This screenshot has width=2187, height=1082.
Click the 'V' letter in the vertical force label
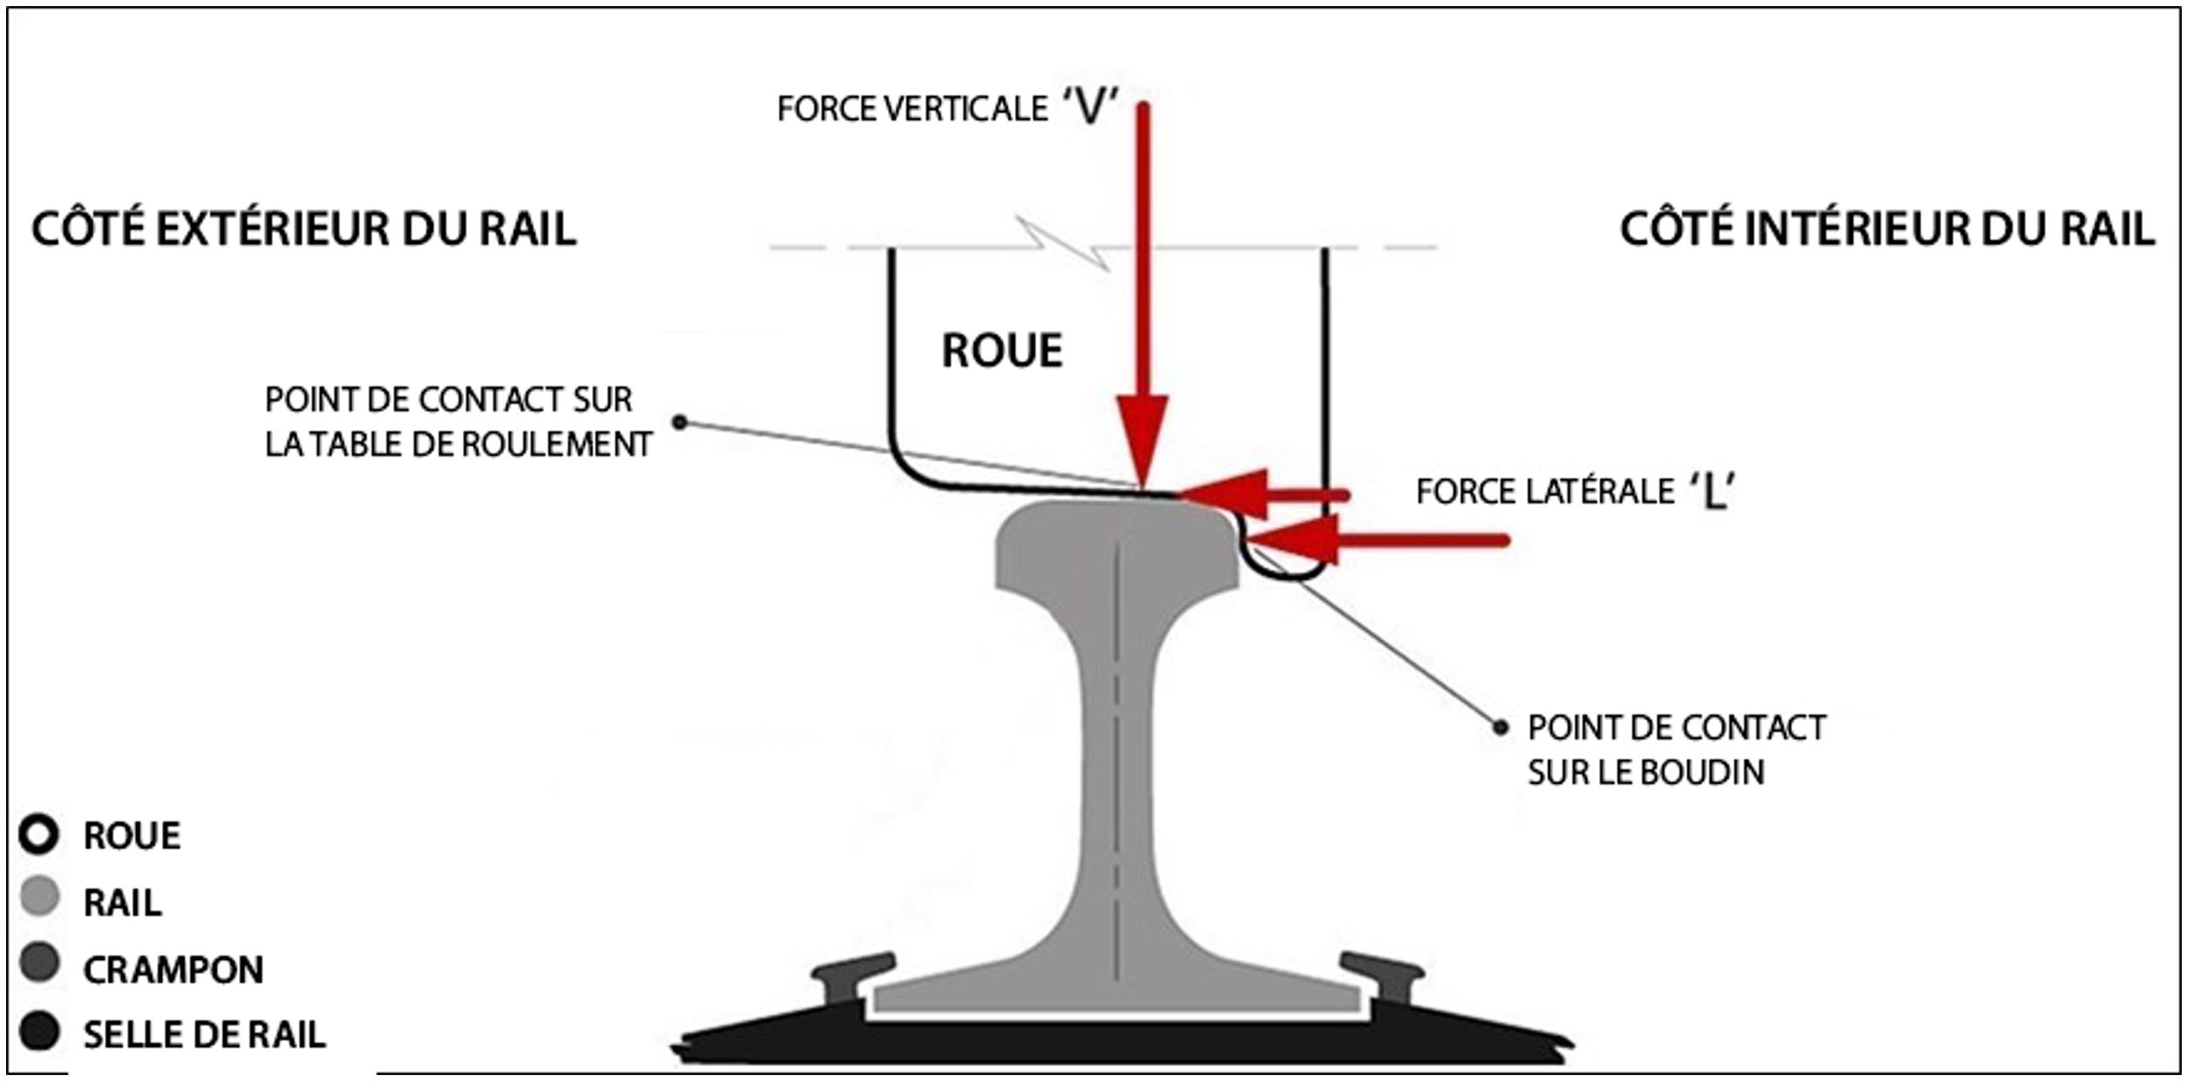pos(1091,108)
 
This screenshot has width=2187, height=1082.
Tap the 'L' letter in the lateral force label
pos(1713,493)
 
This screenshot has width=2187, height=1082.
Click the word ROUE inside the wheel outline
pos(1002,351)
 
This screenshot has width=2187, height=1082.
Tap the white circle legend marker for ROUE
pos(39,834)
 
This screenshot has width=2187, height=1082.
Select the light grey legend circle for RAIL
pos(39,897)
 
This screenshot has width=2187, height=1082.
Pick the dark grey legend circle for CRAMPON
pos(39,963)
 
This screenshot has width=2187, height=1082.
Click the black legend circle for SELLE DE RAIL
pos(39,1031)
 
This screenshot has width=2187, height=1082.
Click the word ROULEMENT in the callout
pos(555,446)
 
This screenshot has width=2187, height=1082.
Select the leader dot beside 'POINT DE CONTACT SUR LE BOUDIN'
pos(1500,727)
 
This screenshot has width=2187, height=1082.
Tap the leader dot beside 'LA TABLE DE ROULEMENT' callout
pos(680,423)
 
